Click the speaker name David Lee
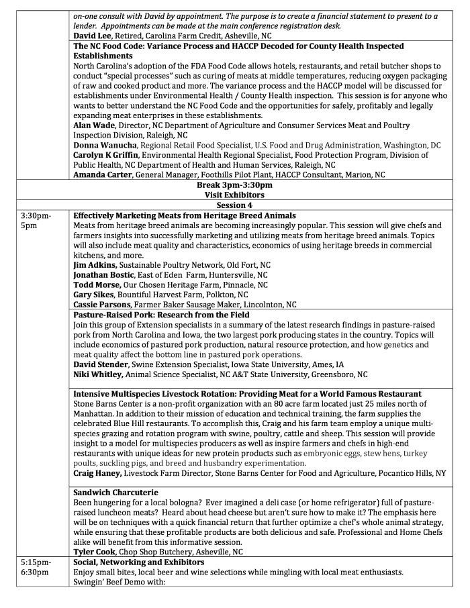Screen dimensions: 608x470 (x=93, y=34)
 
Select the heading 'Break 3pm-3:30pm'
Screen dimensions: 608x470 (x=234, y=185)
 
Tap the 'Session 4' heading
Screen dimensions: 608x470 (x=234, y=204)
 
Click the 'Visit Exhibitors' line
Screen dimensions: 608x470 (x=234, y=195)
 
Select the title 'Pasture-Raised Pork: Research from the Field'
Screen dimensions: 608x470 (x=161, y=315)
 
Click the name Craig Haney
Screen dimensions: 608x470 (x=98, y=472)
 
